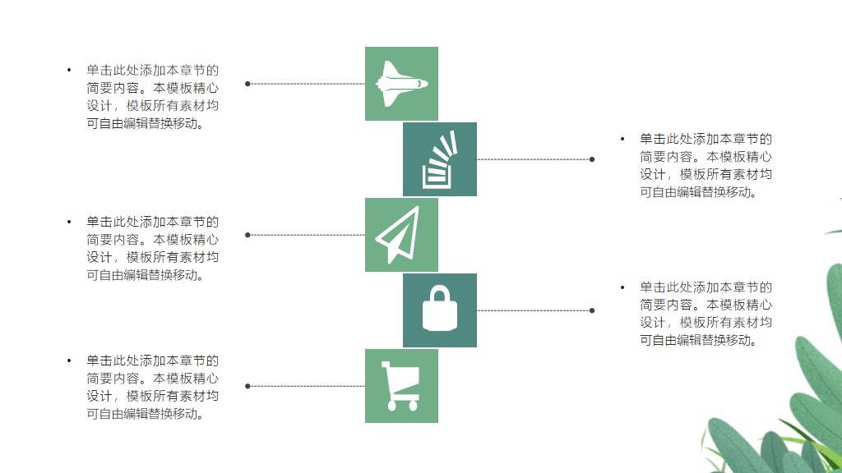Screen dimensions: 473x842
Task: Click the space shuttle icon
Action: pos(401,83)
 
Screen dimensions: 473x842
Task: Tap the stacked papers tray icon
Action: pos(439,159)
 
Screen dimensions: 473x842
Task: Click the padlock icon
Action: pos(439,310)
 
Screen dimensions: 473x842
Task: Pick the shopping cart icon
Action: pos(400,385)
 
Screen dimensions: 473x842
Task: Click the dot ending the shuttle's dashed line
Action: pos(248,83)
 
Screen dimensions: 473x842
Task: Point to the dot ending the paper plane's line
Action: pos(248,235)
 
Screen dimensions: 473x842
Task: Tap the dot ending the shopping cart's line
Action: pos(248,386)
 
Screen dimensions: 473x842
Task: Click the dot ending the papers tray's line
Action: pos(592,159)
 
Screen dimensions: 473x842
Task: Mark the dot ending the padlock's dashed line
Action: pos(592,310)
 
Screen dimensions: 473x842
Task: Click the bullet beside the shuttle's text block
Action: pos(69,70)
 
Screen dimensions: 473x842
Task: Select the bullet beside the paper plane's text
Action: pos(69,221)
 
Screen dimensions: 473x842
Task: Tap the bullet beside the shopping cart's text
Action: pos(69,360)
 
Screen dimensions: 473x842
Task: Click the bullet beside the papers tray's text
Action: pos(622,139)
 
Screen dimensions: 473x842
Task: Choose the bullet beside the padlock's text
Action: pos(622,287)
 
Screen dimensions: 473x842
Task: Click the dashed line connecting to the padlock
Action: pos(534,310)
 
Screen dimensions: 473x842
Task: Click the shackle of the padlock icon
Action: pos(439,294)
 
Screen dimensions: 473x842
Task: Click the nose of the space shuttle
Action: pos(425,83)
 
